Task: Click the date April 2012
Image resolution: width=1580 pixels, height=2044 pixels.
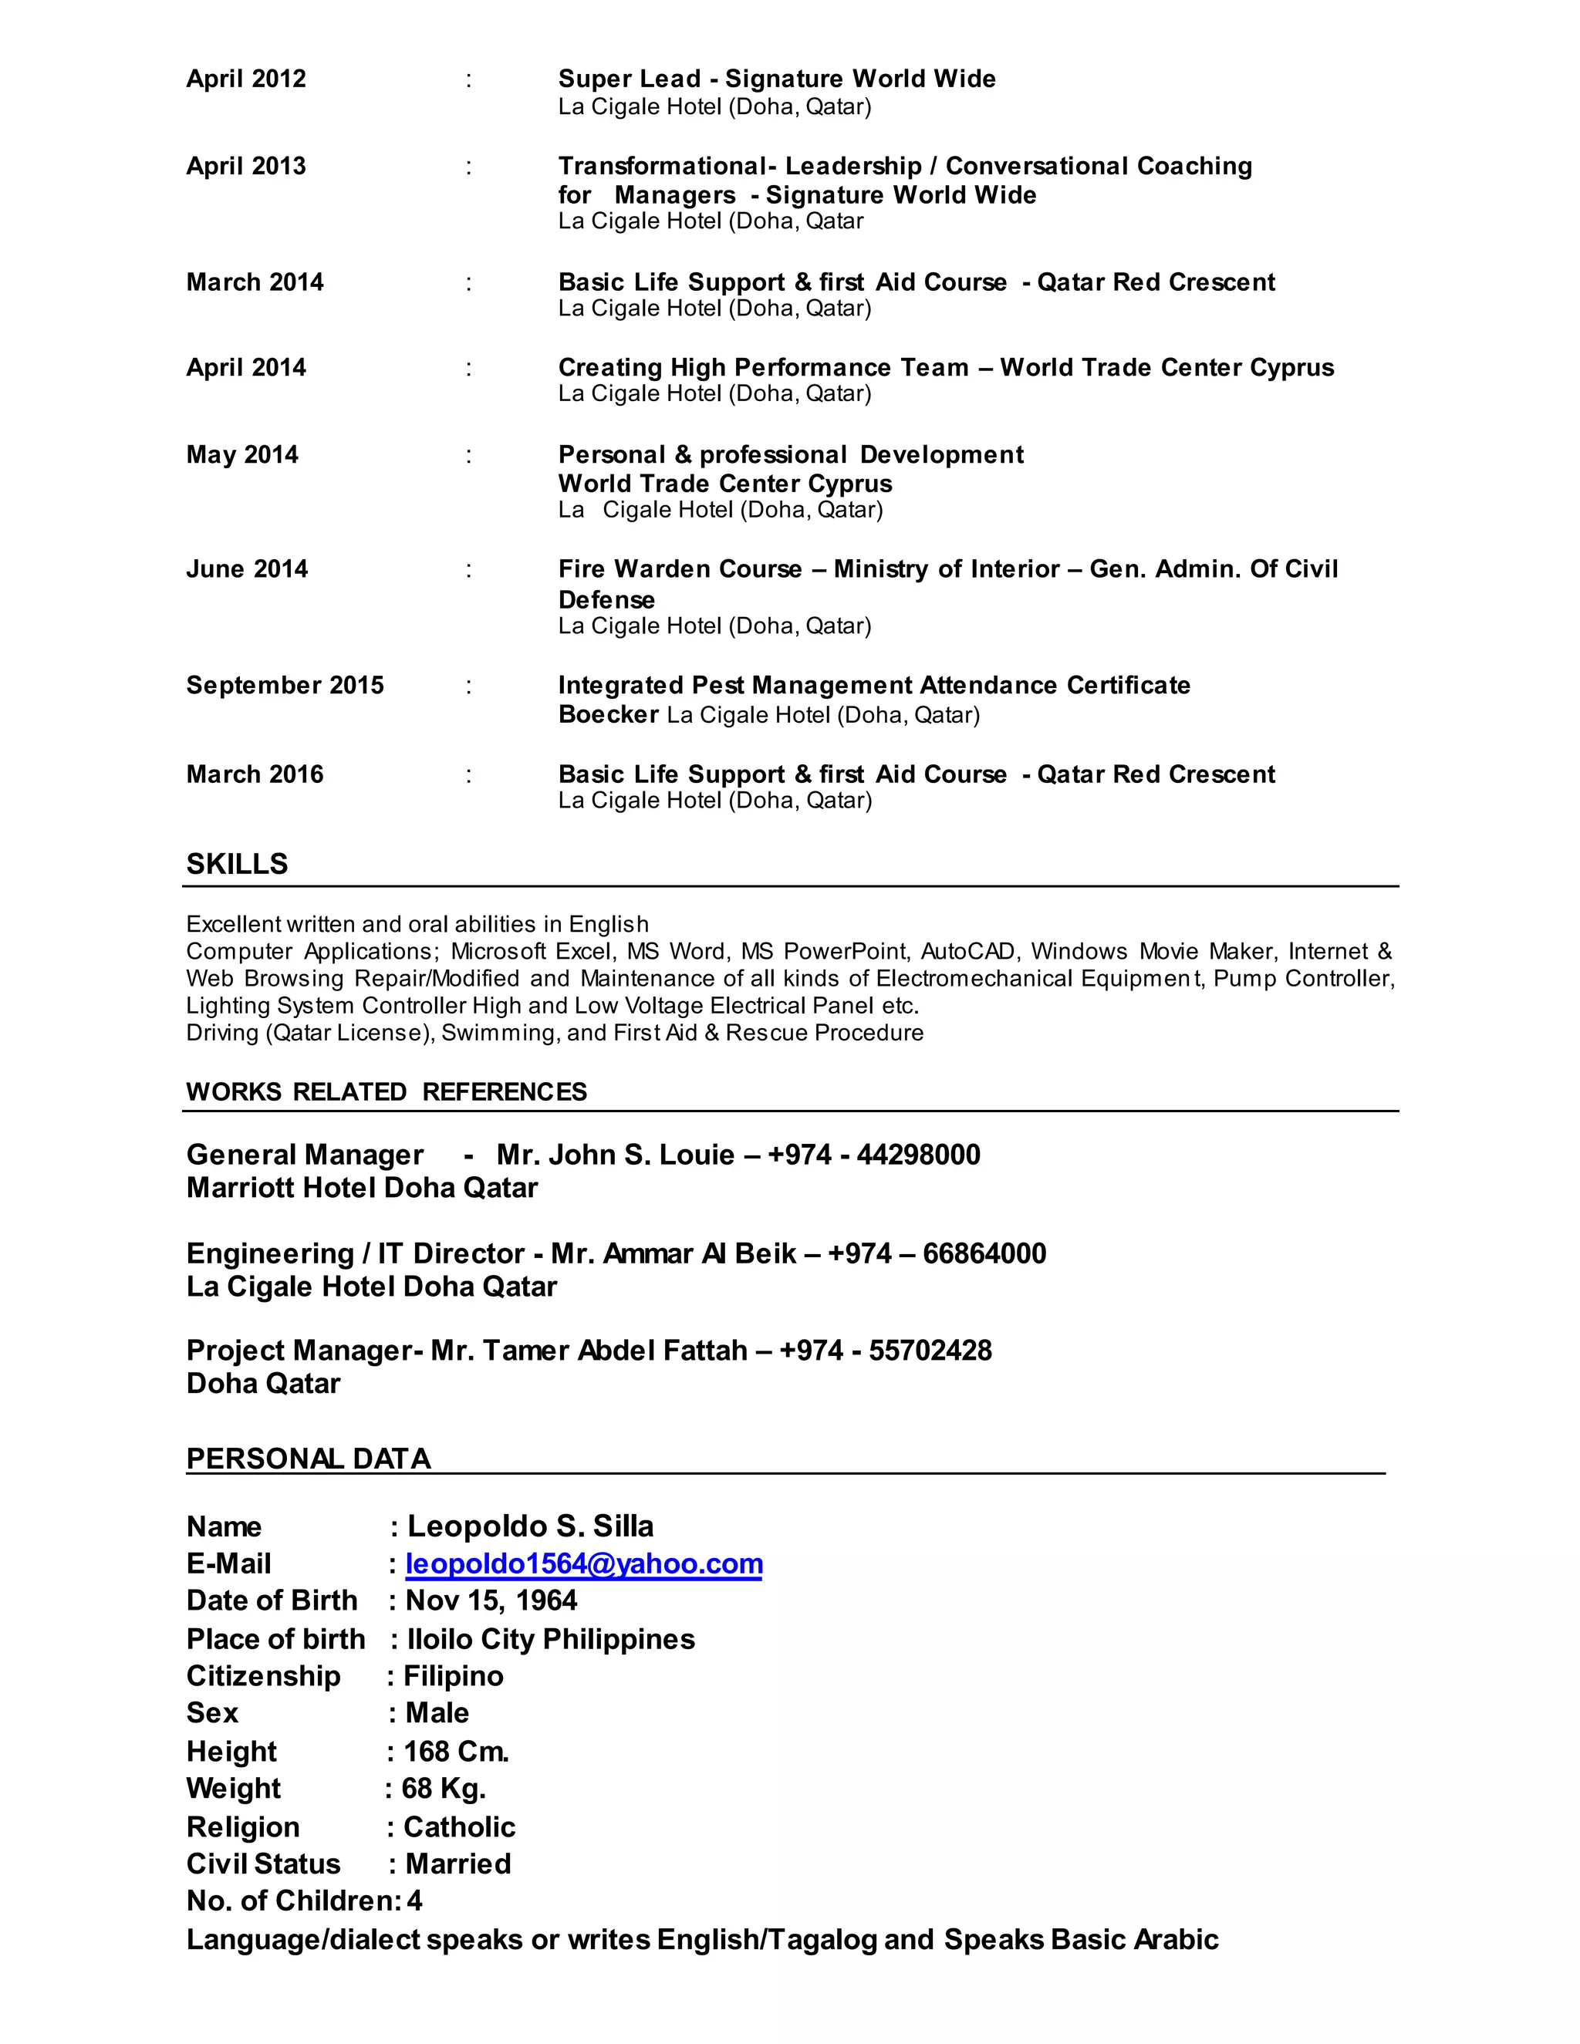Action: point(246,79)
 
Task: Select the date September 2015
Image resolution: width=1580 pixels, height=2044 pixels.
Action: point(285,685)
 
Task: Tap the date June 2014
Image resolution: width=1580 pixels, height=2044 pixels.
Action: point(247,569)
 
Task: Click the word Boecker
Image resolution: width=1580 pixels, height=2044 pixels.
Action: point(609,715)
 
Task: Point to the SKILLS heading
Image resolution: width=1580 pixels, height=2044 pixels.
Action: point(237,864)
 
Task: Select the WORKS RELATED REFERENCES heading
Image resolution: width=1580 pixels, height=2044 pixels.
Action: point(386,1092)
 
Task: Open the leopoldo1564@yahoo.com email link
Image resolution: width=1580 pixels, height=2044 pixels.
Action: point(584,1564)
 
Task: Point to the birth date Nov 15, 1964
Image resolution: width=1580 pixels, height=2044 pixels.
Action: point(491,1600)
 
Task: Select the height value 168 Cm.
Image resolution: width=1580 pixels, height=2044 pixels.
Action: point(456,1752)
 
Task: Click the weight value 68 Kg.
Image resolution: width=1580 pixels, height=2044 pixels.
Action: point(444,1789)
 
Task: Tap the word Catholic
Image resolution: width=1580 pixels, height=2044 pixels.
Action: point(460,1826)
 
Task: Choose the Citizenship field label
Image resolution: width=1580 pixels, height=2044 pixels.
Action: point(263,1676)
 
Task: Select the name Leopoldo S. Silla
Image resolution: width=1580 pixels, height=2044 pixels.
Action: point(531,1526)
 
